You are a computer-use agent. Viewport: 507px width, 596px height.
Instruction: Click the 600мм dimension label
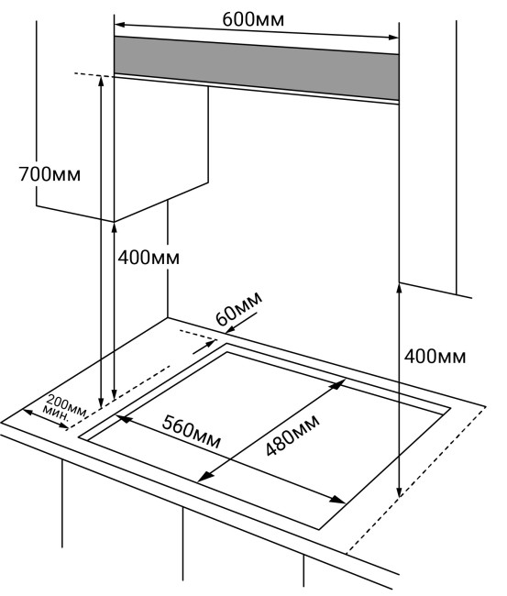[x=253, y=19]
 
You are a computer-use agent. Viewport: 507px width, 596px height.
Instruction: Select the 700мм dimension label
[x=50, y=174]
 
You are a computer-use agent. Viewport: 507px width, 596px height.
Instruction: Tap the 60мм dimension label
[x=238, y=308]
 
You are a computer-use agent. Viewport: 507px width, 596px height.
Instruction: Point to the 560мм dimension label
[x=192, y=432]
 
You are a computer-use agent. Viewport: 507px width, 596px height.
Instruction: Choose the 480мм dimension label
[x=292, y=436]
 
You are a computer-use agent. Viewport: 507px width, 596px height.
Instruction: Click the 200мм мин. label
[x=65, y=408]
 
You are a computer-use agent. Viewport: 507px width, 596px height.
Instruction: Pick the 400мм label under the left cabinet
[x=149, y=258]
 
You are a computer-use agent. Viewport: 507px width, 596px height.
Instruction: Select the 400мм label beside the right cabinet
[x=435, y=357]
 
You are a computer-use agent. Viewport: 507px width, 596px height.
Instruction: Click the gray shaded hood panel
[x=256, y=69]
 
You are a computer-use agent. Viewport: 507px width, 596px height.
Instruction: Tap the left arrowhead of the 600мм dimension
[x=119, y=25]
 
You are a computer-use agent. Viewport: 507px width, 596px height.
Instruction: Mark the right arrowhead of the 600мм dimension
[x=393, y=38]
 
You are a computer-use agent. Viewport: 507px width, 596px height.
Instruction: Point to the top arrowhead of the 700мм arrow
[x=101, y=81]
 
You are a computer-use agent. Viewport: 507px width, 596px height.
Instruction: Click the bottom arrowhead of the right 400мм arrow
[x=399, y=491]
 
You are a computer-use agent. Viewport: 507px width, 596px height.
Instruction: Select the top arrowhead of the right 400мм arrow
[x=399, y=288]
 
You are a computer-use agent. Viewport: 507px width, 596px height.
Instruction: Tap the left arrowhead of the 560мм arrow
[x=124, y=418]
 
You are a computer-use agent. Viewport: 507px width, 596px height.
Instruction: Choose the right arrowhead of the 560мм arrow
[x=337, y=500]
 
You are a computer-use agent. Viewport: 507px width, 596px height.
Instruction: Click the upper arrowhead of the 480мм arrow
[x=338, y=385]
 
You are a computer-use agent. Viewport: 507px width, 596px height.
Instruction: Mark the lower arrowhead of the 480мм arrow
[x=204, y=477]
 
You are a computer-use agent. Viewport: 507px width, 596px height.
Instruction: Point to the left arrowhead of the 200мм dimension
[x=28, y=412]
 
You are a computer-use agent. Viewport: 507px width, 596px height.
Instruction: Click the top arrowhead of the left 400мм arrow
[x=115, y=228]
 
